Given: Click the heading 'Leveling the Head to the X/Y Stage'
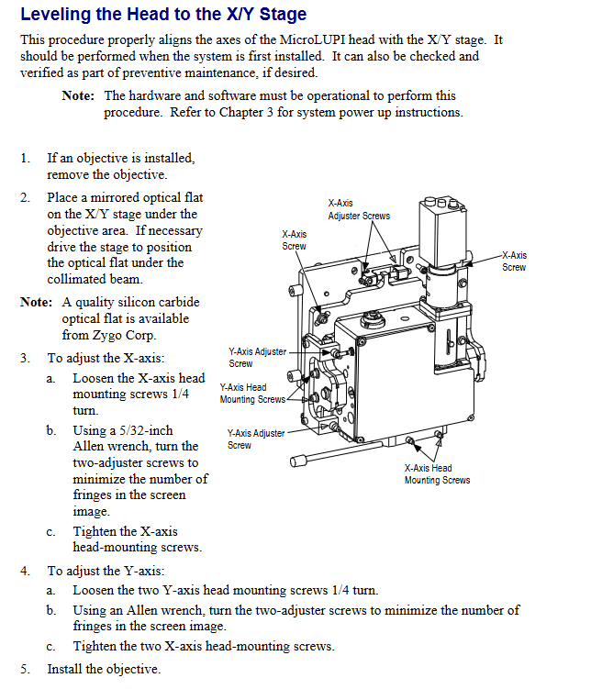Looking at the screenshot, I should [163, 15].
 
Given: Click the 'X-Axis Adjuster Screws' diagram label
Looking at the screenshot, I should [359, 209].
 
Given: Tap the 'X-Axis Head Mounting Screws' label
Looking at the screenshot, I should [437, 473].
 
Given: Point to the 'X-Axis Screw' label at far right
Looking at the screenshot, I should [514, 261].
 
